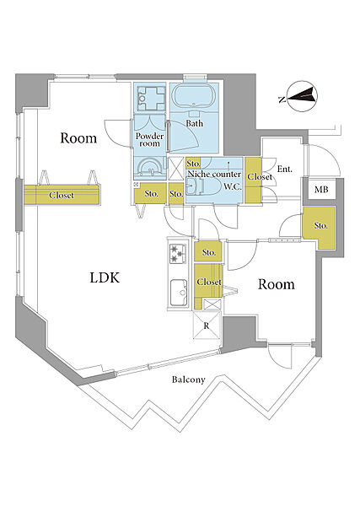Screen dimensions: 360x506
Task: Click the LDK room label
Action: tap(105, 277)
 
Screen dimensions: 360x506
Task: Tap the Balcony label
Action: tap(188, 379)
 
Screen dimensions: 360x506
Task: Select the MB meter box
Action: tap(321, 190)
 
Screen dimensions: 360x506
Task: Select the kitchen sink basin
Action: tap(179, 293)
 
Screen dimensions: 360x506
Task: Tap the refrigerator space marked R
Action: tap(206, 325)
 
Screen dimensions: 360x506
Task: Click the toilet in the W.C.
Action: tap(197, 187)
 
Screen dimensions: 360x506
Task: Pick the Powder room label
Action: tap(149, 140)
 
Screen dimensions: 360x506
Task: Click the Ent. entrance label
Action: tap(285, 169)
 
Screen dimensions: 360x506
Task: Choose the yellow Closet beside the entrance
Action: tap(253, 180)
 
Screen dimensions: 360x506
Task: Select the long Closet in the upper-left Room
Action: tap(62, 195)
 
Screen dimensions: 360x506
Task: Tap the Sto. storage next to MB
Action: tap(320, 227)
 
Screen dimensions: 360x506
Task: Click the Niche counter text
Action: tap(214, 175)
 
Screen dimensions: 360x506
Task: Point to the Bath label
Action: tap(194, 123)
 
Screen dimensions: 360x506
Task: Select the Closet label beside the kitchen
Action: tap(209, 282)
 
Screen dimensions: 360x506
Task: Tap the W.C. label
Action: tap(233, 186)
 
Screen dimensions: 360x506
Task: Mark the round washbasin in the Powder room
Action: tap(149, 167)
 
